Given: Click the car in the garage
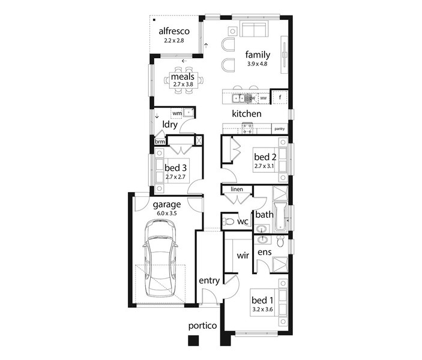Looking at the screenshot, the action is (160, 258).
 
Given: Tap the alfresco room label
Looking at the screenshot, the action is (174, 31).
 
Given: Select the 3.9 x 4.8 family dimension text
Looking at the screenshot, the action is (258, 64).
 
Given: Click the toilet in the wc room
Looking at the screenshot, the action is (228, 222).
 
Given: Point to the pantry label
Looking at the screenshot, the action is (280, 129).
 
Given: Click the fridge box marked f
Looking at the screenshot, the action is (280, 97).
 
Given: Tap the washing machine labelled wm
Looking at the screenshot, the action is (177, 113).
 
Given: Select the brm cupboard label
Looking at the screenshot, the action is (160, 142).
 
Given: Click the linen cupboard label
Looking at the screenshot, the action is (237, 189).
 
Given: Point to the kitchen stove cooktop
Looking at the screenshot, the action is (247, 128).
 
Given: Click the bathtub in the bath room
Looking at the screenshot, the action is (280, 217).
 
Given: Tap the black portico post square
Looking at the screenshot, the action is (193, 340).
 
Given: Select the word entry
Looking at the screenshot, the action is (209, 281).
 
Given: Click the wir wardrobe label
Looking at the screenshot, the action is (243, 256).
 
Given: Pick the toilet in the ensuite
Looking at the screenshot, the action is (280, 241).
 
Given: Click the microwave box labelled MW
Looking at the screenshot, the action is (264, 98).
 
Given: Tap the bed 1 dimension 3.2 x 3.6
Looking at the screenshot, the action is (262, 310).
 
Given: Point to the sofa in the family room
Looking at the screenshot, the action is (254, 29).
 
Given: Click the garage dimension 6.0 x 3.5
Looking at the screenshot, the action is (167, 214).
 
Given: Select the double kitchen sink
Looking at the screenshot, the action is (238, 98).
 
